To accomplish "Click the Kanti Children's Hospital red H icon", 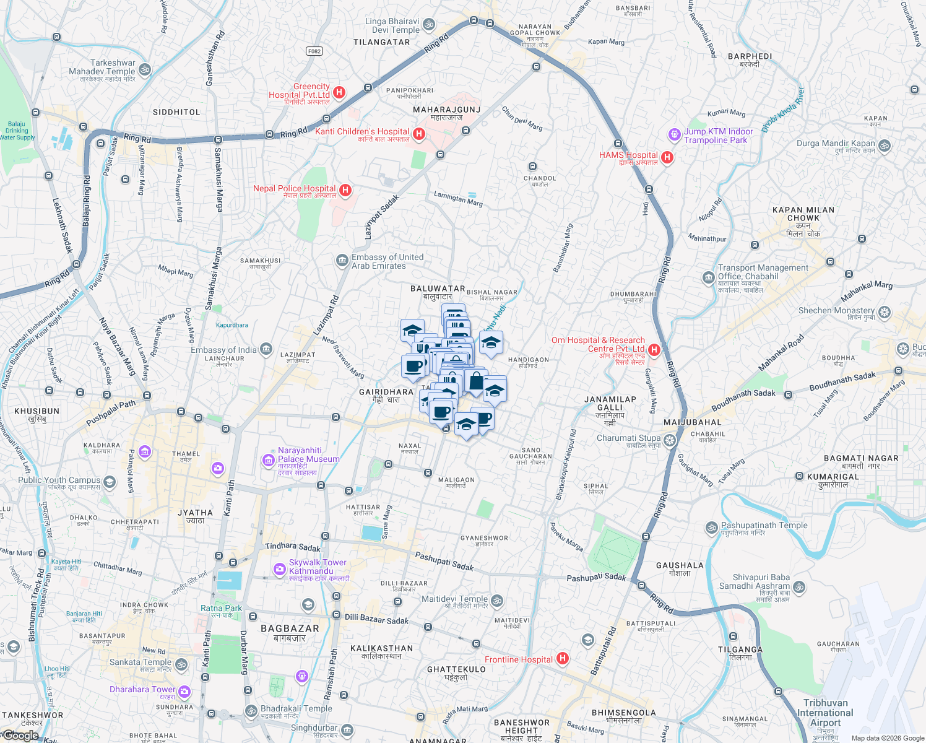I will (x=419, y=134).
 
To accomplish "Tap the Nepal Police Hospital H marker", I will (x=345, y=190).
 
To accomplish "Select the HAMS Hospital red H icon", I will (x=667, y=157).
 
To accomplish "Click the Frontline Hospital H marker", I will (x=562, y=658).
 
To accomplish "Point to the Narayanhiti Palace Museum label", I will (x=308, y=455).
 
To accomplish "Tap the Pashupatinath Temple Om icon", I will (x=712, y=528).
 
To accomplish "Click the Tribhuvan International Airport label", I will (x=825, y=713).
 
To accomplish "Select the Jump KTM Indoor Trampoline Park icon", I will (x=674, y=134).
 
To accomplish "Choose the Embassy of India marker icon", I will (x=266, y=349).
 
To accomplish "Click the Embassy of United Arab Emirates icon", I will (x=342, y=261).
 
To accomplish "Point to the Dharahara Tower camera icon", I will (x=184, y=692).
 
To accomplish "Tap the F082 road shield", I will (x=314, y=51).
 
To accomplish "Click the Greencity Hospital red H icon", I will (x=339, y=93).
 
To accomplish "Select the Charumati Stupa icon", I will (x=670, y=440).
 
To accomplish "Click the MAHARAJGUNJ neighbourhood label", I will (x=447, y=110).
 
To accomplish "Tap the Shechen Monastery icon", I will (x=885, y=312).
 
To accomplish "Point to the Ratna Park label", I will (x=221, y=608).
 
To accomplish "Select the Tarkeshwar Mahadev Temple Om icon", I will (x=145, y=69).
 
